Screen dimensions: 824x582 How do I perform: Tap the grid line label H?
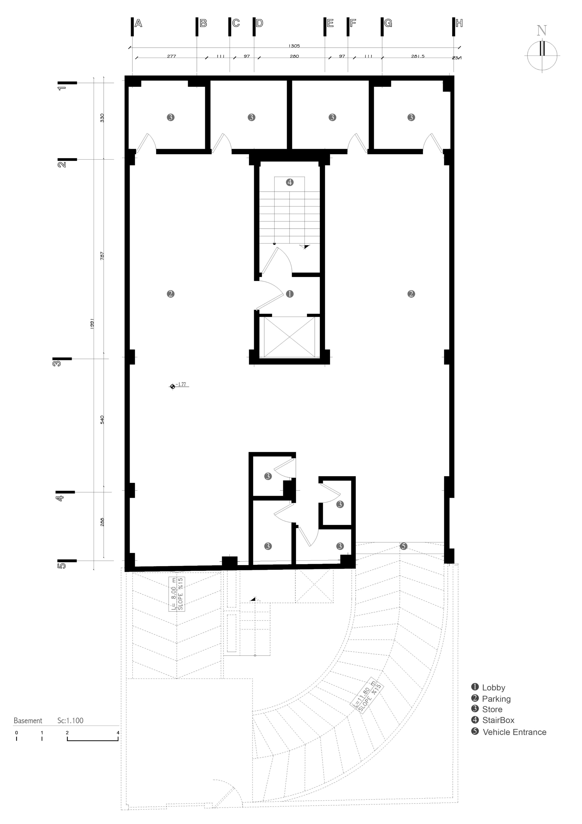(x=459, y=24)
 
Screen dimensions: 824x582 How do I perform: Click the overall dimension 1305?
(x=294, y=46)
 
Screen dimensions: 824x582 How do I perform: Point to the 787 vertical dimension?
(x=102, y=256)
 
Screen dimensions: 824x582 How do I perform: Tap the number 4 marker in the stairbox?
(x=290, y=182)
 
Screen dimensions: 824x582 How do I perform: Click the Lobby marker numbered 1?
(x=290, y=294)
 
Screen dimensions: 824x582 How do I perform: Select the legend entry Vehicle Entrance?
(x=514, y=732)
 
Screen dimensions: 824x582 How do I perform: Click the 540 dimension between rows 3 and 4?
(x=102, y=420)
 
